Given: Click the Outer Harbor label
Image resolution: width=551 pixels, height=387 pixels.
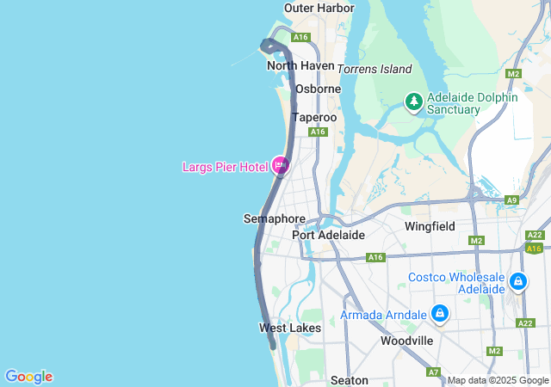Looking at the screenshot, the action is (319, 8).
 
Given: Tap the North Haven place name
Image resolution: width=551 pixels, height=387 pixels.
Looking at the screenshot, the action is (300, 65).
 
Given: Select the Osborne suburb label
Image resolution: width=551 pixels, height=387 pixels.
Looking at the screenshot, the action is (318, 89).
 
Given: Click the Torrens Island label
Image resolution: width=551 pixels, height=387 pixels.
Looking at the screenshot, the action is (375, 69).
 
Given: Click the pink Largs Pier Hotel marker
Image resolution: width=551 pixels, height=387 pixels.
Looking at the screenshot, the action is (280, 164).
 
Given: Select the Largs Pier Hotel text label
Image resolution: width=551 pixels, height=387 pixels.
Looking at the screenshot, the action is (225, 167).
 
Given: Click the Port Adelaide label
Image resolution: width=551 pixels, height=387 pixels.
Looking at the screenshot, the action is (328, 235).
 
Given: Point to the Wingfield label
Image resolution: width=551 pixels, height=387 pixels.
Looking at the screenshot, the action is (430, 227).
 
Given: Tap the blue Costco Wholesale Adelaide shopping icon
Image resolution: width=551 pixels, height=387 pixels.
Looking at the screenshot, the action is (517, 281).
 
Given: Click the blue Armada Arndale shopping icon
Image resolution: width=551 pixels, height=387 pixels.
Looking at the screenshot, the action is (440, 313).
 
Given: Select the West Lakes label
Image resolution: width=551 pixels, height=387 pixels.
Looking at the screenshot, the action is (290, 328).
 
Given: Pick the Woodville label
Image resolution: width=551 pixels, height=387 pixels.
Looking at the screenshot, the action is (406, 341).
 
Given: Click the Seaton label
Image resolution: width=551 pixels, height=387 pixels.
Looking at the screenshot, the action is (350, 380).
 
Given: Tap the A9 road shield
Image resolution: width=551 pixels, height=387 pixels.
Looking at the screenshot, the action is (512, 200).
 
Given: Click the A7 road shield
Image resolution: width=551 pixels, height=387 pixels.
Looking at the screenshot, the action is (433, 372).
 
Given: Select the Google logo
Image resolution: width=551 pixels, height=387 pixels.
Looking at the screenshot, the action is (28, 377).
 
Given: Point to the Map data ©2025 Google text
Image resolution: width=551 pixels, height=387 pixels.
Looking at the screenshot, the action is (498, 380).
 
